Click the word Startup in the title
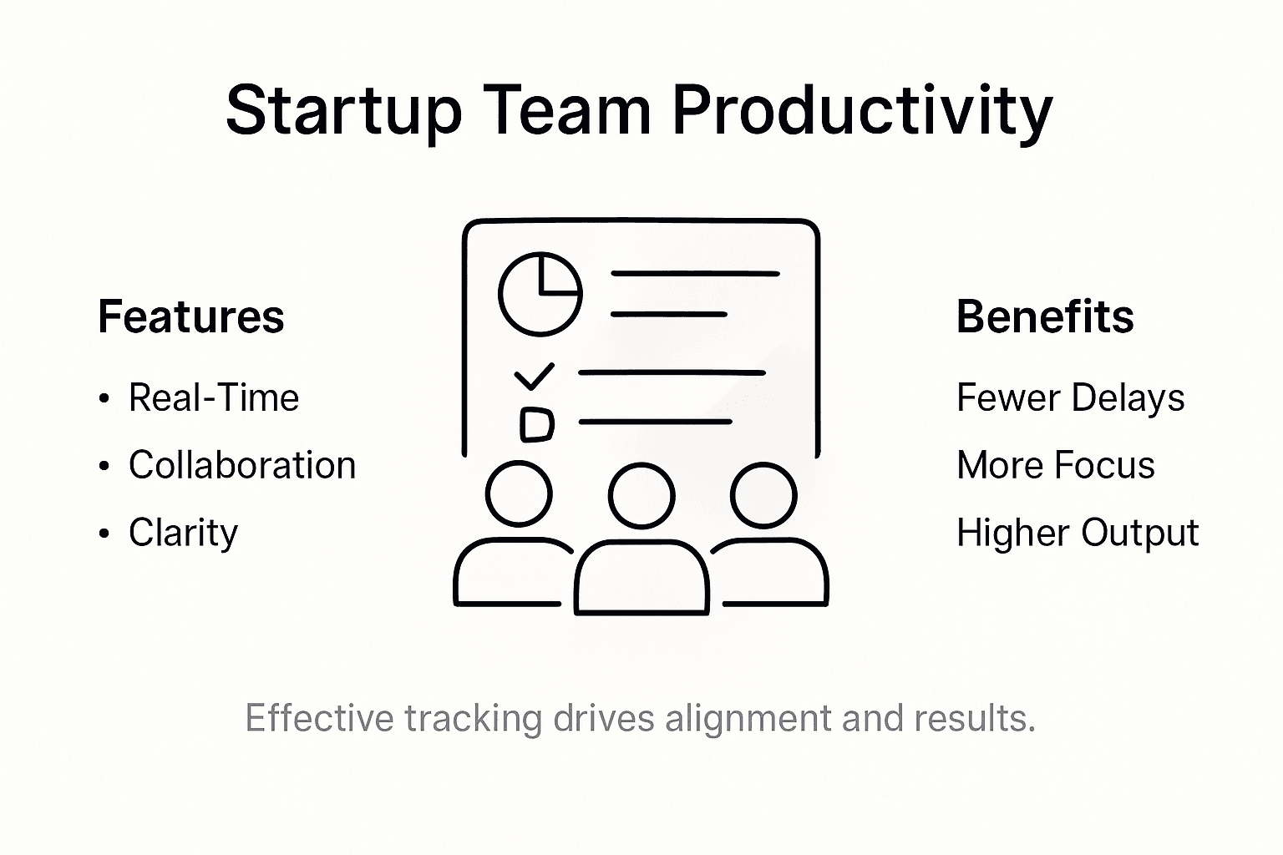(x=343, y=111)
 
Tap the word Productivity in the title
(x=862, y=111)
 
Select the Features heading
(x=190, y=317)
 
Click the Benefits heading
(x=1045, y=317)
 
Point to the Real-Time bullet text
(x=214, y=398)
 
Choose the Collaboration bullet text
(x=242, y=466)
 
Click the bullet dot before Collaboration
(x=104, y=467)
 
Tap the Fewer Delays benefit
(x=1070, y=398)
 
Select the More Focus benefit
(x=1056, y=466)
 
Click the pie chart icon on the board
(x=540, y=294)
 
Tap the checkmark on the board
(x=534, y=377)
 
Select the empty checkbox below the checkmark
(x=536, y=424)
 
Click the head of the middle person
(x=641, y=495)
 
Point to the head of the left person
(x=519, y=493)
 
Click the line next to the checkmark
(x=672, y=372)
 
